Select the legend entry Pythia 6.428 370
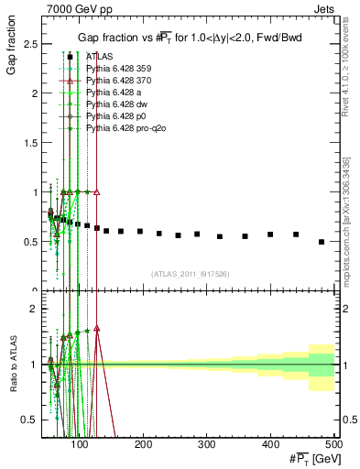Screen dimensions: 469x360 tap(116, 80)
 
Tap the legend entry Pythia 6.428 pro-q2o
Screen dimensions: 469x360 tap(119, 129)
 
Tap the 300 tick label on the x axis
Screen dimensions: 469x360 tap(271, 444)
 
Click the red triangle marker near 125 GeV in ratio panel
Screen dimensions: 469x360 tap(97, 328)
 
